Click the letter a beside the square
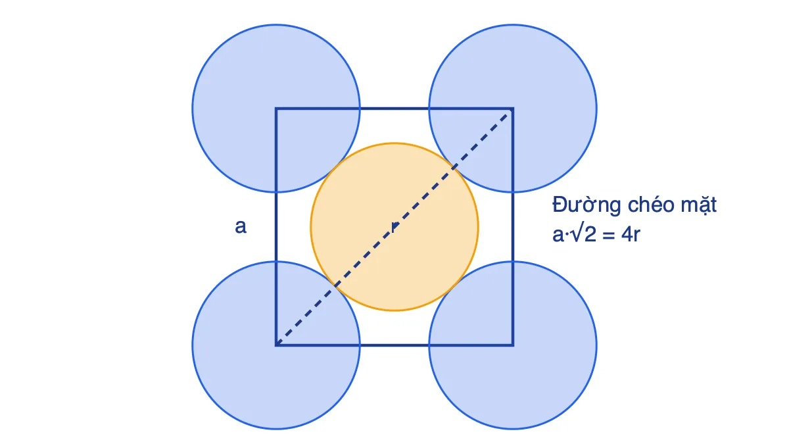pyautogui.click(x=241, y=226)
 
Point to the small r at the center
pyautogui.click(x=395, y=227)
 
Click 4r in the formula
pyautogui.click(x=631, y=234)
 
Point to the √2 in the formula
pyautogui.click(x=584, y=234)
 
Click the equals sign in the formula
pyautogui.click(x=608, y=235)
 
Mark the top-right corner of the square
pyautogui.click(x=513, y=109)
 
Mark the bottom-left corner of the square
pyautogui.click(x=276, y=345)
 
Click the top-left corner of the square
pyautogui.click(x=276, y=109)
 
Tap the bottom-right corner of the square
pyautogui.click(x=513, y=345)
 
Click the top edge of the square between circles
pyautogui.click(x=394, y=109)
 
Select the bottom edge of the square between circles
pyautogui.click(x=394, y=345)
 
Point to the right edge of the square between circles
pyautogui.click(x=513, y=227)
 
